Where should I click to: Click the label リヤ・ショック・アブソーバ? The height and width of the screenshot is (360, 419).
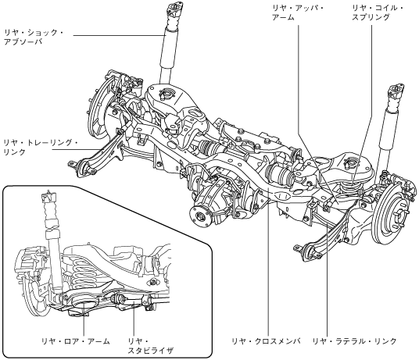coord(34,37)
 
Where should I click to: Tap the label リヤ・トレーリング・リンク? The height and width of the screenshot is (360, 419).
coord(41,148)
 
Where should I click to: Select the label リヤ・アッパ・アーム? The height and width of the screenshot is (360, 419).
coord(298,12)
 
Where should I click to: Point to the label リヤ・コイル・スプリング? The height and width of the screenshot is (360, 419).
coord(378,12)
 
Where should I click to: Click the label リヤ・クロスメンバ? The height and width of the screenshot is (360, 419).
coord(266,340)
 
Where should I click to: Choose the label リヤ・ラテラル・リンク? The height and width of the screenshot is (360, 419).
coord(355,340)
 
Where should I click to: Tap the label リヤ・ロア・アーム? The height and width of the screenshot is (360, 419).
coord(76,340)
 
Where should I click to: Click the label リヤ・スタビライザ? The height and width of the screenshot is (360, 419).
coord(150,345)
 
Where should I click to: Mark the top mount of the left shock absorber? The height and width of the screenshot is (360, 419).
coord(175,8)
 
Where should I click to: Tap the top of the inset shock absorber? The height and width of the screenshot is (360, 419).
coord(48,197)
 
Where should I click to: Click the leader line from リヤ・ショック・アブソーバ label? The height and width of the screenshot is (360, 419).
coord(118,35)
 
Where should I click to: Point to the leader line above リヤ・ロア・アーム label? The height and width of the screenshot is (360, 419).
coord(84,318)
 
